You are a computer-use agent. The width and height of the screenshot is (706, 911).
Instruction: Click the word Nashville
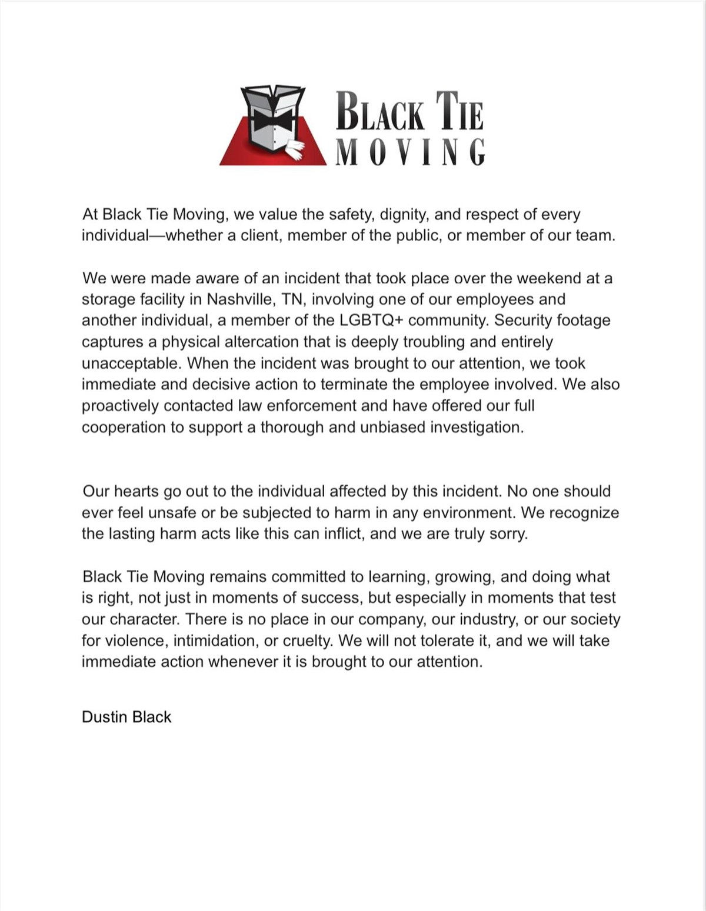(239, 299)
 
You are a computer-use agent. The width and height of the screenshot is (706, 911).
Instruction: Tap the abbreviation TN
(292, 299)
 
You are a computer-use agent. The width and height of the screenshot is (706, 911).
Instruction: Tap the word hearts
(137, 492)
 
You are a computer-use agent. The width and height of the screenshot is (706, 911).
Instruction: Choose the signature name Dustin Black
(126, 717)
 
